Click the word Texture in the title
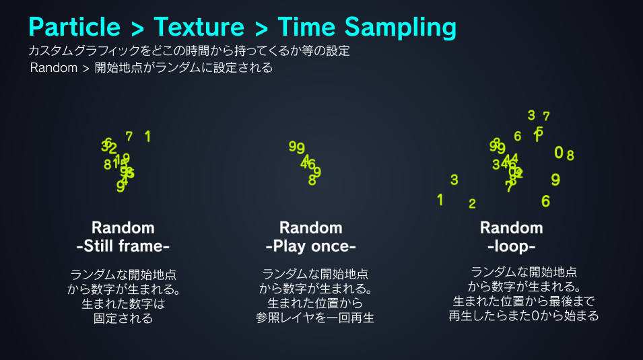pos(199,28)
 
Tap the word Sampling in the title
pos(400,28)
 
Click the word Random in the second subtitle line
pos(54,68)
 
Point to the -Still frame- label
pos(123,246)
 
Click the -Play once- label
pos(310,246)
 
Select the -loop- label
pos(511,246)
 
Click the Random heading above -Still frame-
pos(123,227)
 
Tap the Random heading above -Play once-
pos(310,227)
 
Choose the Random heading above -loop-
pos(511,227)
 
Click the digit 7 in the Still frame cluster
pos(129,137)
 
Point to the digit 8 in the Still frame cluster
pos(107,165)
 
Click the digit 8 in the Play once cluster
pos(312,180)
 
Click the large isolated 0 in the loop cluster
pos(558,153)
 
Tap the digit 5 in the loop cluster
pos(539,131)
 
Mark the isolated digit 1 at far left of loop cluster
pos(440,200)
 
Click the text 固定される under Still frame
pos(123,318)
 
